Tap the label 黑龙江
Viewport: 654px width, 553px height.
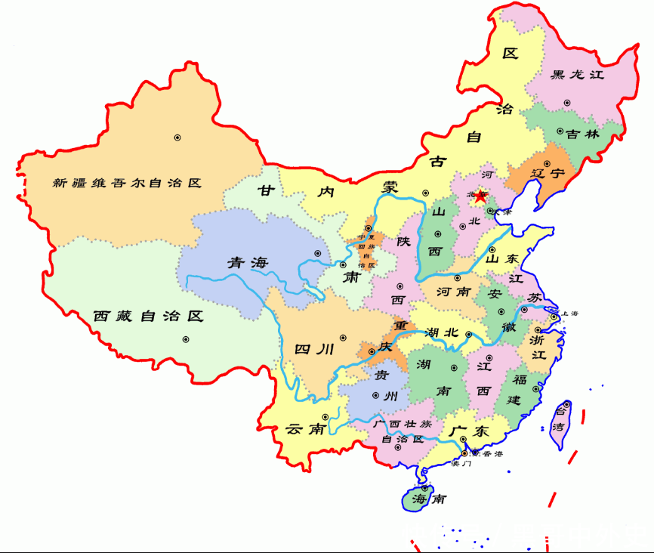[x=578, y=75]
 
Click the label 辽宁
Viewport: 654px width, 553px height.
[x=547, y=173]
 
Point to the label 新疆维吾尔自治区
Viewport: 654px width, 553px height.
[x=128, y=183]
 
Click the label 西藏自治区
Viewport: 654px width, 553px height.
[x=150, y=316]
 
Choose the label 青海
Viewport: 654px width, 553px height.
[x=248, y=263]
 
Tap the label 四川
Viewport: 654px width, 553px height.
[x=313, y=349]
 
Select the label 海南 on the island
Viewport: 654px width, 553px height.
[x=424, y=499]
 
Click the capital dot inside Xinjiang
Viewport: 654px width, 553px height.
[x=177, y=137]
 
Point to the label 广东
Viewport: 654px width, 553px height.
[x=469, y=431]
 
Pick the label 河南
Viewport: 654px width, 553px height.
[x=455, y=291]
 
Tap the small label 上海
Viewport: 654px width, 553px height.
[x=569, y=313]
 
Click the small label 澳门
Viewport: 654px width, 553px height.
[x=461, y=463]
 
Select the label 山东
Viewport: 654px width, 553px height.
[x=502, y=259]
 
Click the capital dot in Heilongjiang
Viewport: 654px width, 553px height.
[x=566, y=102]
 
